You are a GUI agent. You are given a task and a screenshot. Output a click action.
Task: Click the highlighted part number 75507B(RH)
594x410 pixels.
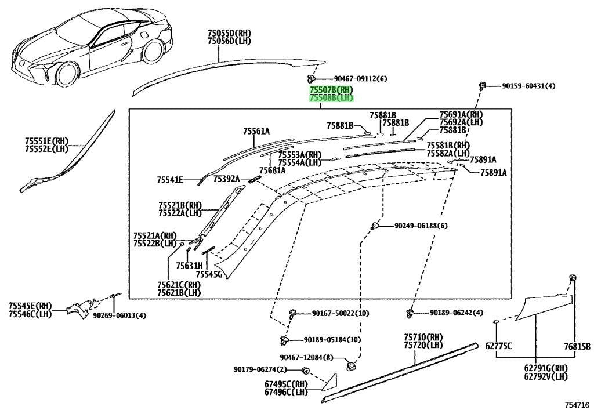tap(331, 90)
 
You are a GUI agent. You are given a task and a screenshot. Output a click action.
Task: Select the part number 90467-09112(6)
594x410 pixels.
tap(360, 79)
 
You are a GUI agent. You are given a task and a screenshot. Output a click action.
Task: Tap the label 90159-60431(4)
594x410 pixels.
tap(529, 86)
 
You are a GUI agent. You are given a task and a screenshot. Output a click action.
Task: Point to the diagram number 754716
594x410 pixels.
tap(578, 405)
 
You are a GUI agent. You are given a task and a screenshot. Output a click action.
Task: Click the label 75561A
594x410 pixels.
tap(256, 132)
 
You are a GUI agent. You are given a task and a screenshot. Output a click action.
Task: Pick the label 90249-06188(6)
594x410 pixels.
tap(421, 226)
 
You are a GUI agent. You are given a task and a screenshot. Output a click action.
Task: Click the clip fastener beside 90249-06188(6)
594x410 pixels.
tap(374, 226)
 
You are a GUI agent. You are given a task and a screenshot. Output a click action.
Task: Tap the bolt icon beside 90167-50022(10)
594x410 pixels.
tap(292, 314)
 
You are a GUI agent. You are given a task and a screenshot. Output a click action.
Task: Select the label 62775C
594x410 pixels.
tap(499, 346)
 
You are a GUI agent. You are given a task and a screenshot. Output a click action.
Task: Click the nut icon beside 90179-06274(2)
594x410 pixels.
tap(305, 370)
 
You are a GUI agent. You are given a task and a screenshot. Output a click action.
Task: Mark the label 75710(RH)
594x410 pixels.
tap(423, 337)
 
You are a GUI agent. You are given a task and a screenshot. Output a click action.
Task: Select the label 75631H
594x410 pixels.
tap(189, 266)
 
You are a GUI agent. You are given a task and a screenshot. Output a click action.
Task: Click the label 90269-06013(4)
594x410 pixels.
tap(119, 315)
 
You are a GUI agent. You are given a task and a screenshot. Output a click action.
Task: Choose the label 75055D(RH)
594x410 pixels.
tap(229, 33)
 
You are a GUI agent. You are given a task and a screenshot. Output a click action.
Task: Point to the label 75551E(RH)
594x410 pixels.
tap(47, 141)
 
